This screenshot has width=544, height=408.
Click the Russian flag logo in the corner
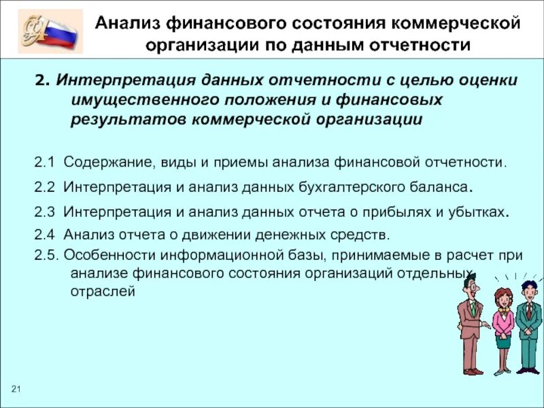point(50,31)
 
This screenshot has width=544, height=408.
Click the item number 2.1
point(46,163)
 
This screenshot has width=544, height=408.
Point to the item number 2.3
point(46,211)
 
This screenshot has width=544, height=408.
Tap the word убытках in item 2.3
point(476,211)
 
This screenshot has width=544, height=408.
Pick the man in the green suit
point(528,326)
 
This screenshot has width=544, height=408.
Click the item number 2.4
point(46,235)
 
